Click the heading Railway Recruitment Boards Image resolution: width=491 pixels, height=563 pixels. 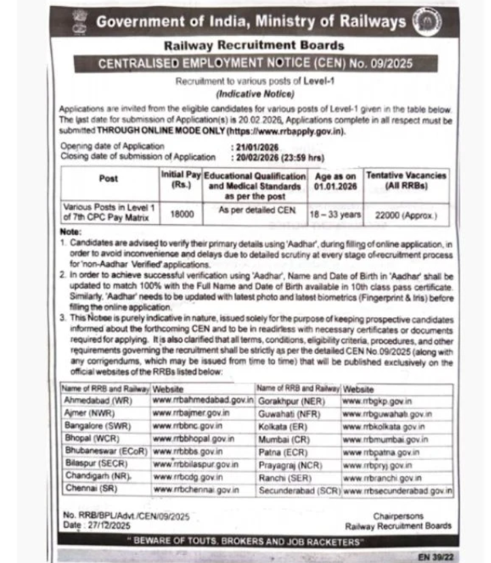[254, 46]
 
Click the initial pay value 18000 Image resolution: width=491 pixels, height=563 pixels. [181, 213]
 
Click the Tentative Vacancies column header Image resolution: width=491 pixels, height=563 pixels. [407, 181]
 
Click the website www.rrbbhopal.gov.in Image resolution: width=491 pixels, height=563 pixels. [195, 439]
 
